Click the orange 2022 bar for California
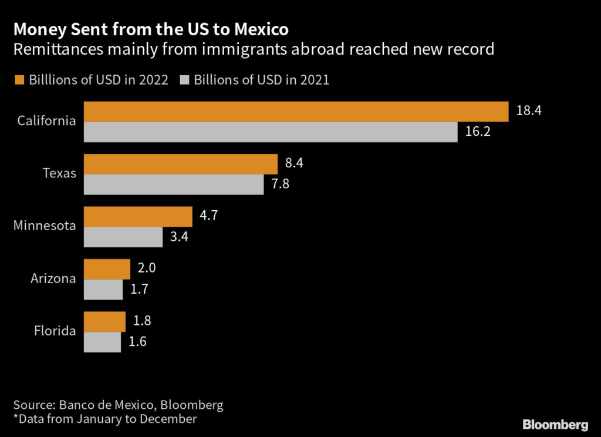tap(296, 112)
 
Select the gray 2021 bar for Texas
tap(174, 184)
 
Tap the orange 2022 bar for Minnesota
tap(138, 217)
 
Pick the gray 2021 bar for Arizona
tap(103, 290)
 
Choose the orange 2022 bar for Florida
tap(104, 322)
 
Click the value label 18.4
tap(528, 111)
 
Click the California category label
tap(46, 122)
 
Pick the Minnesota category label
tap(45, 226)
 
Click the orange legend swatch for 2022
tap(19, 80)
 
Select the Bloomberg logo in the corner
tap(555, 423)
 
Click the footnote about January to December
tap(105, 419)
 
